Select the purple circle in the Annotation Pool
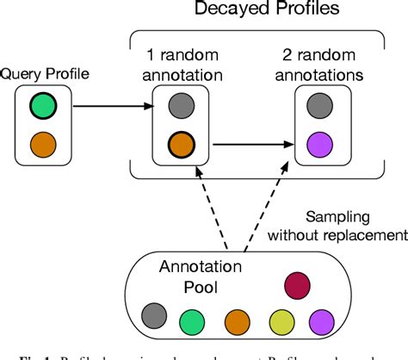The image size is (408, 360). (320, 322)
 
